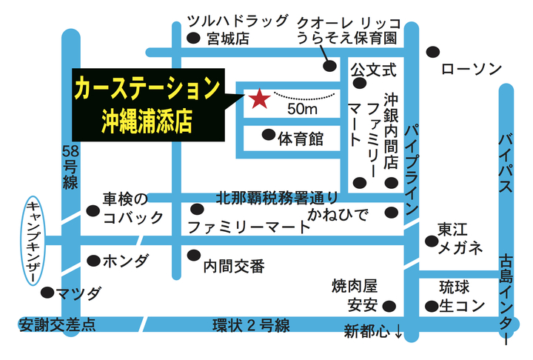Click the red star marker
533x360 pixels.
(260, 99)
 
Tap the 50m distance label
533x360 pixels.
(302, 109)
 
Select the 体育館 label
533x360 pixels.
(301, 139)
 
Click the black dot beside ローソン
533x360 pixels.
(433, 52)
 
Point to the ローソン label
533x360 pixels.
(472, 69)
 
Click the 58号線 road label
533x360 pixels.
(70, 167)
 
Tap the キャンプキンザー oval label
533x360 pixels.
(33, 241)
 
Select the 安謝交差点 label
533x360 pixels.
(57, 324)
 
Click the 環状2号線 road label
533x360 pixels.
(251, 325)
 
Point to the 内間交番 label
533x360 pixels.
(234, 267)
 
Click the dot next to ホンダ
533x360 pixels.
(93, 261)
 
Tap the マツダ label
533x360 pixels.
(78, 293)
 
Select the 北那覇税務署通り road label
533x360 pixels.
(278, 197)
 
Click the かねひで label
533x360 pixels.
(338, 215)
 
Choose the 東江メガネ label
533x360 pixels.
(460, 239)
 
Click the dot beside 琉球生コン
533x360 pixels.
(432, 306)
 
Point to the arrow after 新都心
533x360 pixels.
(398, 332)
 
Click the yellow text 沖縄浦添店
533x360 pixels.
(147, 121)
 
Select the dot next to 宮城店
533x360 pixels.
(193, 38)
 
